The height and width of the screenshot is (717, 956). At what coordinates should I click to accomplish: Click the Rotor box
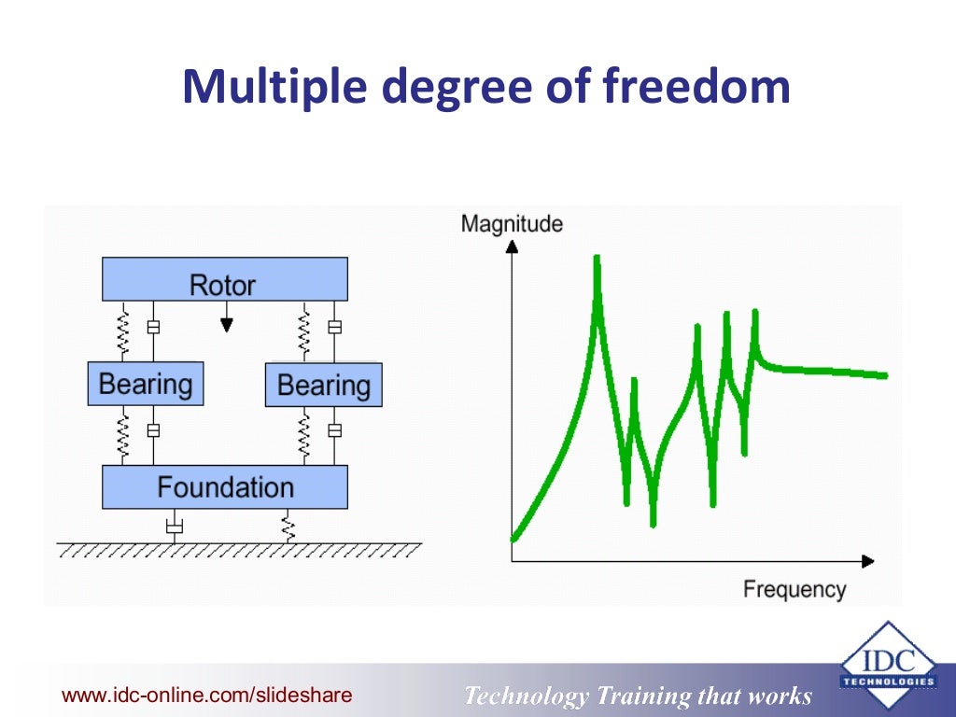point(224,280)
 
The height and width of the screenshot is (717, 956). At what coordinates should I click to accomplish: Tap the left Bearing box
point(146,384)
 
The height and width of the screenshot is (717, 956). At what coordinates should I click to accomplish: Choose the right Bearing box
point(323,385)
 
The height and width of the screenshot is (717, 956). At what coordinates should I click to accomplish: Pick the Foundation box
point(224,486)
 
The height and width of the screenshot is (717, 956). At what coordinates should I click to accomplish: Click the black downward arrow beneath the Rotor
point(225,324)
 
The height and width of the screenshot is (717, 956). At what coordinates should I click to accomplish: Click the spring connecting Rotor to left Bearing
point(121,330)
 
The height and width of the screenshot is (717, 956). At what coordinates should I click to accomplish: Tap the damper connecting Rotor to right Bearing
point(334,329)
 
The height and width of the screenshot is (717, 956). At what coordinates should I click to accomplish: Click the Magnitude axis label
point(512,224)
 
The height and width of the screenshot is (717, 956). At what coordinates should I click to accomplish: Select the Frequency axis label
point(794,589)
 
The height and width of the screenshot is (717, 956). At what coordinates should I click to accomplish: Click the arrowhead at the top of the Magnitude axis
point(512,246)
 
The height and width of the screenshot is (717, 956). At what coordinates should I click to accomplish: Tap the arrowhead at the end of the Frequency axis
point(867,561)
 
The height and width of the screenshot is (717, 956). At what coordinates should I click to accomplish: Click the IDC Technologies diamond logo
point(888,666)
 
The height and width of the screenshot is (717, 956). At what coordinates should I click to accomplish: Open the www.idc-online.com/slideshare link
point(206,695)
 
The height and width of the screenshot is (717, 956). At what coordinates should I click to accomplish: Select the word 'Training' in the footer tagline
point(642,696)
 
